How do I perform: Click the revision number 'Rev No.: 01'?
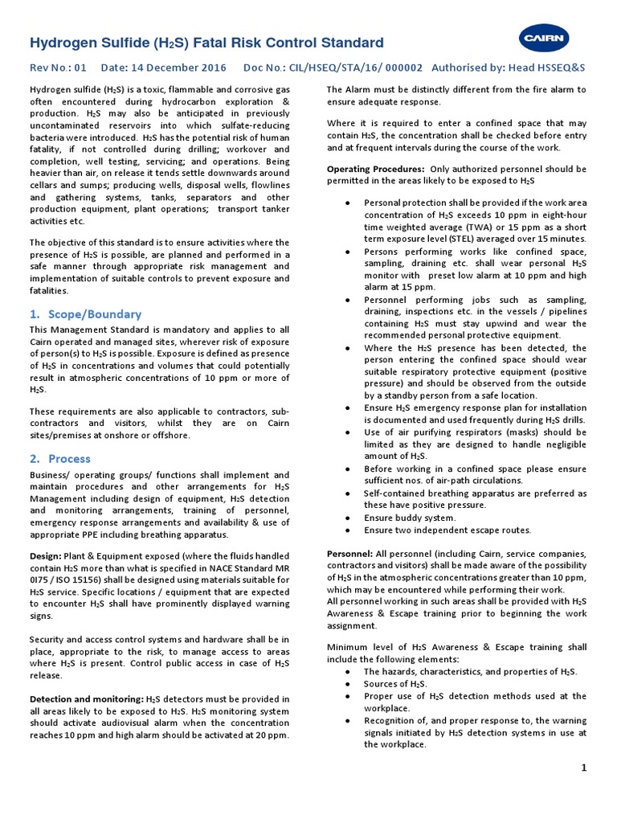[59, 68]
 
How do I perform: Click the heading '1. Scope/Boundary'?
[85, 314]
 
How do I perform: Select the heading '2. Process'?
[60, 459]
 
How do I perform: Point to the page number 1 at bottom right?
[584, 768]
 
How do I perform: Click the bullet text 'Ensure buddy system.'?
[409, 518]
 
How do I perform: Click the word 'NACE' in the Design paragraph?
[212, 567]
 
